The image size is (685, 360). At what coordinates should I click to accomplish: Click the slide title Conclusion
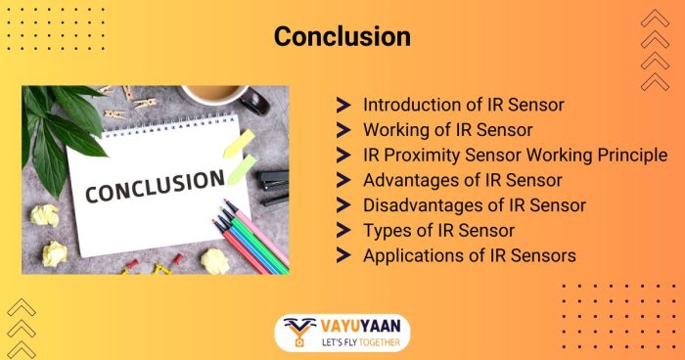click(342, 36)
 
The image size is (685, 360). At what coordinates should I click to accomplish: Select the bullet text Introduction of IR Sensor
click(463, 104)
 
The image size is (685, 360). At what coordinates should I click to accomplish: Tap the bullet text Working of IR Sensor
click(448, 129)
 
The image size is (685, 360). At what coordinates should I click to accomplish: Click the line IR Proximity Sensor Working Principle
click(515, 155)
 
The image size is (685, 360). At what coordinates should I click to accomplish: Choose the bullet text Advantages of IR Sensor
click(462, 180)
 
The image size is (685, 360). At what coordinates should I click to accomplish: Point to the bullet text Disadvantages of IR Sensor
click(474, 205)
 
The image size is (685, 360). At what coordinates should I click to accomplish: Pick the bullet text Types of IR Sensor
click(438, 231)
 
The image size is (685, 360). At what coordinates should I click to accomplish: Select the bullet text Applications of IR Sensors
click(470, 256)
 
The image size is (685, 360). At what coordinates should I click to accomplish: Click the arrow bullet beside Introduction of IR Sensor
click(343, 104)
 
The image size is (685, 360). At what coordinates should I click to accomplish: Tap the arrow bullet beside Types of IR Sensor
click(343, 231)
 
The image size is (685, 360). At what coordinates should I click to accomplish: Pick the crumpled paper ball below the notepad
click(214, 260)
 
